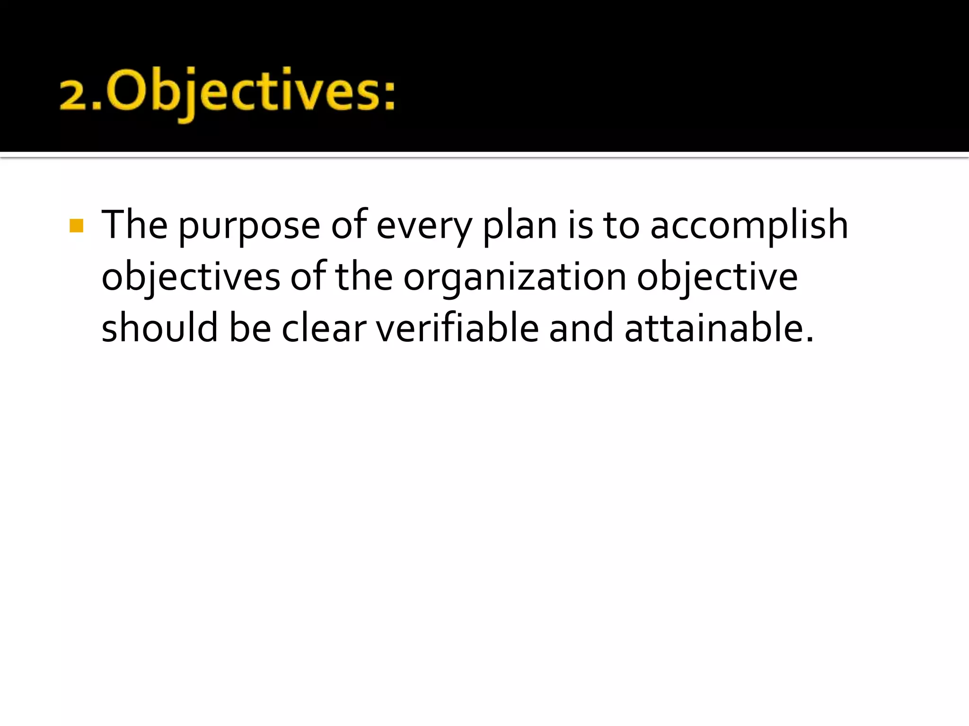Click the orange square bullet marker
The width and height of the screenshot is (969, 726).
pyautogui.click(x=76, y=225)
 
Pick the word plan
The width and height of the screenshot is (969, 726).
pyautogui.click(x=520, y=226)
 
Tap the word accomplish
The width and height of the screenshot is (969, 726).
pyautogui.click(x=749, y=226)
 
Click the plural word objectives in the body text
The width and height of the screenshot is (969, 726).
pyautogui.click(x=191, y=278)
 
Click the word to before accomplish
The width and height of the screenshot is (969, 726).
pyautogui.click(x=621, y=226)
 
